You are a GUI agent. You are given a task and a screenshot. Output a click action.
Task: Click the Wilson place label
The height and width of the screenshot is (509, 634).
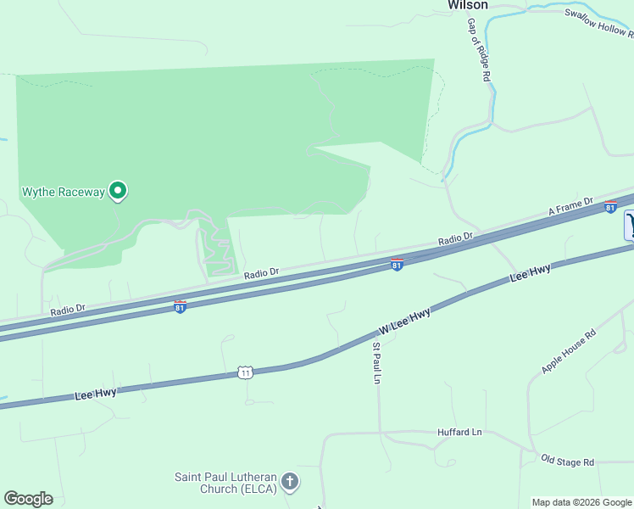[468, 5]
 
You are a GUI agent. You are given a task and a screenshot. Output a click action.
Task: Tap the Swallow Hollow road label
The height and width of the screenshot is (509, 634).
[599, 23]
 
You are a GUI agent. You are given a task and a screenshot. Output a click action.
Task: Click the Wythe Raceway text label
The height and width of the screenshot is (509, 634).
[63, 192]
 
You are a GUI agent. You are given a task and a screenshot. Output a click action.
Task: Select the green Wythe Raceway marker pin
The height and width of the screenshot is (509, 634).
[118, 192]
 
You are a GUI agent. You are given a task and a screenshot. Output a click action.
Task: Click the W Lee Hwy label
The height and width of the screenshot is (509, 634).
[405, 320]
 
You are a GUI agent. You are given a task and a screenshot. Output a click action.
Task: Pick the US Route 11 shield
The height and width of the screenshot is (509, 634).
[246, 372]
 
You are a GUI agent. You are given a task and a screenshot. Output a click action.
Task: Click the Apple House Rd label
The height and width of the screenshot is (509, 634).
[569, 351]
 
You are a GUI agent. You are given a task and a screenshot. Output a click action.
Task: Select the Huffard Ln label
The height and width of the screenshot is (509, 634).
[459, 432]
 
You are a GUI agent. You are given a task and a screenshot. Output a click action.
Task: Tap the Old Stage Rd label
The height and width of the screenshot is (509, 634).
[568, 461]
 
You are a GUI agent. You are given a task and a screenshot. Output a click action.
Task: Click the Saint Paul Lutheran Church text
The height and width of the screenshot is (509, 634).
[225, 483]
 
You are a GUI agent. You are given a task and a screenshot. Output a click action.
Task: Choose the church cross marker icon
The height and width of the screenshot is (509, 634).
[290, 483]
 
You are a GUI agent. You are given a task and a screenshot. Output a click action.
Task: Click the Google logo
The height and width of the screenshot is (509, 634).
[28, 499]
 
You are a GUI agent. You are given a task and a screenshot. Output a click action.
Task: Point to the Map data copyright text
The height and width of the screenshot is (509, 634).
[581, 502]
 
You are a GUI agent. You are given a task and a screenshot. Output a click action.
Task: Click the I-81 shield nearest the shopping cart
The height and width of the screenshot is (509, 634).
[610, 206]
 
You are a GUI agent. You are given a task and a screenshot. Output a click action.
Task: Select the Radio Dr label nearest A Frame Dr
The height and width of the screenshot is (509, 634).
[456, 240]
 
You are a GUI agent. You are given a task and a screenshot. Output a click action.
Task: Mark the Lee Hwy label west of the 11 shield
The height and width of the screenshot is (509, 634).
[95, 393]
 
